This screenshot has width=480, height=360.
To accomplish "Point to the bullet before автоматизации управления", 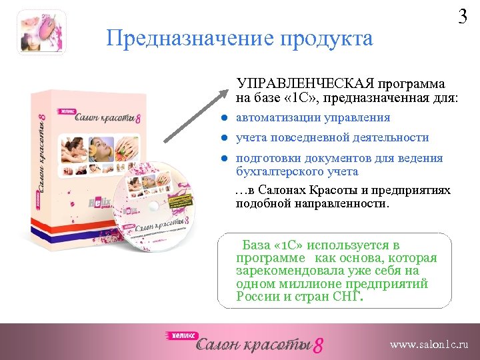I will coord(226,118).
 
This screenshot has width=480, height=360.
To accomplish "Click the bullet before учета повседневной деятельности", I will coord(226,138).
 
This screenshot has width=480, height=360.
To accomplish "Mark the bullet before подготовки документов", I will coord(226,159).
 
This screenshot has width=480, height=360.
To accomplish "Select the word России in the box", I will coord(257,296).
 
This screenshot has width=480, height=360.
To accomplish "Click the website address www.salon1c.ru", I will coord(429,345).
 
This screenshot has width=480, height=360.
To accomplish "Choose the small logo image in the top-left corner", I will coord(43,32).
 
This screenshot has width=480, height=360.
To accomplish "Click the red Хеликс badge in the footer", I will coord(181,336).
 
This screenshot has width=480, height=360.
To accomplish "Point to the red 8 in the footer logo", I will coord(319,345).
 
